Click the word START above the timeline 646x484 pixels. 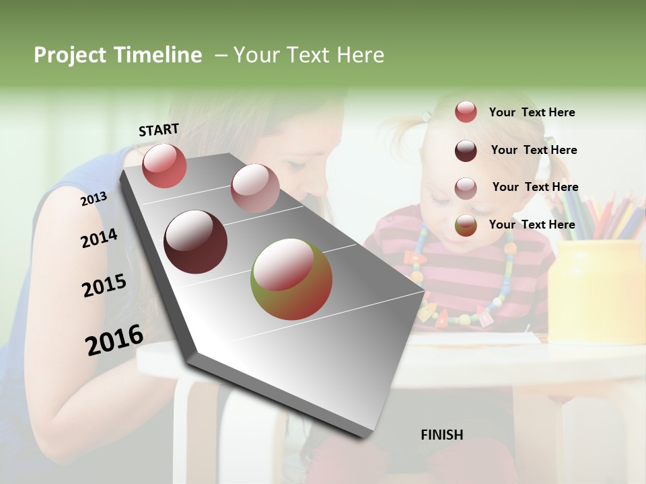tap(159, 129)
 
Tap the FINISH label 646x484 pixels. tap(441, 435)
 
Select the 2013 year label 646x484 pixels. tap(94, 198)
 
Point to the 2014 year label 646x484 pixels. tap(99, 239)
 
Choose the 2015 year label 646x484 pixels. tap(104, 286)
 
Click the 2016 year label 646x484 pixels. tap(114, 339)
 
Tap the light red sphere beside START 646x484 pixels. tap(164, 165)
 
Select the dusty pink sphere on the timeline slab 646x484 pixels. tap(255, 188)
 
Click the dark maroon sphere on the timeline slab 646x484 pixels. tap(195, 241)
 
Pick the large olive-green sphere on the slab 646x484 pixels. tap(291, 278)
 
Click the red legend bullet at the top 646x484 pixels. tap(466, 112)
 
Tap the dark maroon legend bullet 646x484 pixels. tap(466, 151)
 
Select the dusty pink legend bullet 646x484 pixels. tap(466, 188)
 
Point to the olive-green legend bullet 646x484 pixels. tap(466, 225)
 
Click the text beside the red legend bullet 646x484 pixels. tap(532, 112)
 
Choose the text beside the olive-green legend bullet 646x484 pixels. tap(532, 225)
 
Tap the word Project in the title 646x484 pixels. tap(70, 55)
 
